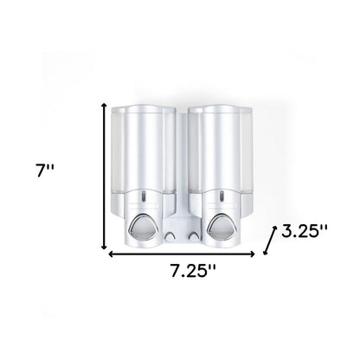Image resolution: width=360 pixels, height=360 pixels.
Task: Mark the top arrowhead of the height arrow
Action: click(106, 104)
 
